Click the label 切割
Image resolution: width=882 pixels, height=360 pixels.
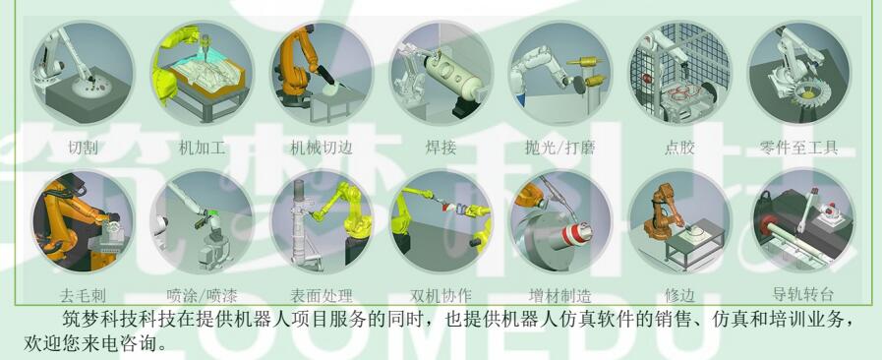84,148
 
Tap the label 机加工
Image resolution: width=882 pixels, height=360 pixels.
202,148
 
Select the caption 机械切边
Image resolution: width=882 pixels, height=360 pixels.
322,148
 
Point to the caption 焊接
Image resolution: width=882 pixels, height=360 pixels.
441,148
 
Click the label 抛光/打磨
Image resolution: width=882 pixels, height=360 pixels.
559,148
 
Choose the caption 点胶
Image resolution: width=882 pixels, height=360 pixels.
679,148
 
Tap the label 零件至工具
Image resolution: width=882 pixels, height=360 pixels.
798,148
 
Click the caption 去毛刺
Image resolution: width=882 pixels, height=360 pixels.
83,295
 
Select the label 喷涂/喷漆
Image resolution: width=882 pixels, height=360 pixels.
202,295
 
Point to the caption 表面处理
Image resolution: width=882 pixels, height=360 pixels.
322,295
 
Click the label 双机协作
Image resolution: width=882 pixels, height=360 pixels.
441,295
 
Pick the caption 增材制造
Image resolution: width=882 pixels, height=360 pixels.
560,295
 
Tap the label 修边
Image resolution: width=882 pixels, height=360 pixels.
679,295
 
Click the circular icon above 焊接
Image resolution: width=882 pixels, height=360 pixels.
441,73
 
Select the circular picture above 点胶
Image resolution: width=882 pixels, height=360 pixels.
679,73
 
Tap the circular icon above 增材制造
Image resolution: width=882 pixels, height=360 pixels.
560,221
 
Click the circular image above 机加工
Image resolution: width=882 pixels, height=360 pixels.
202,73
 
